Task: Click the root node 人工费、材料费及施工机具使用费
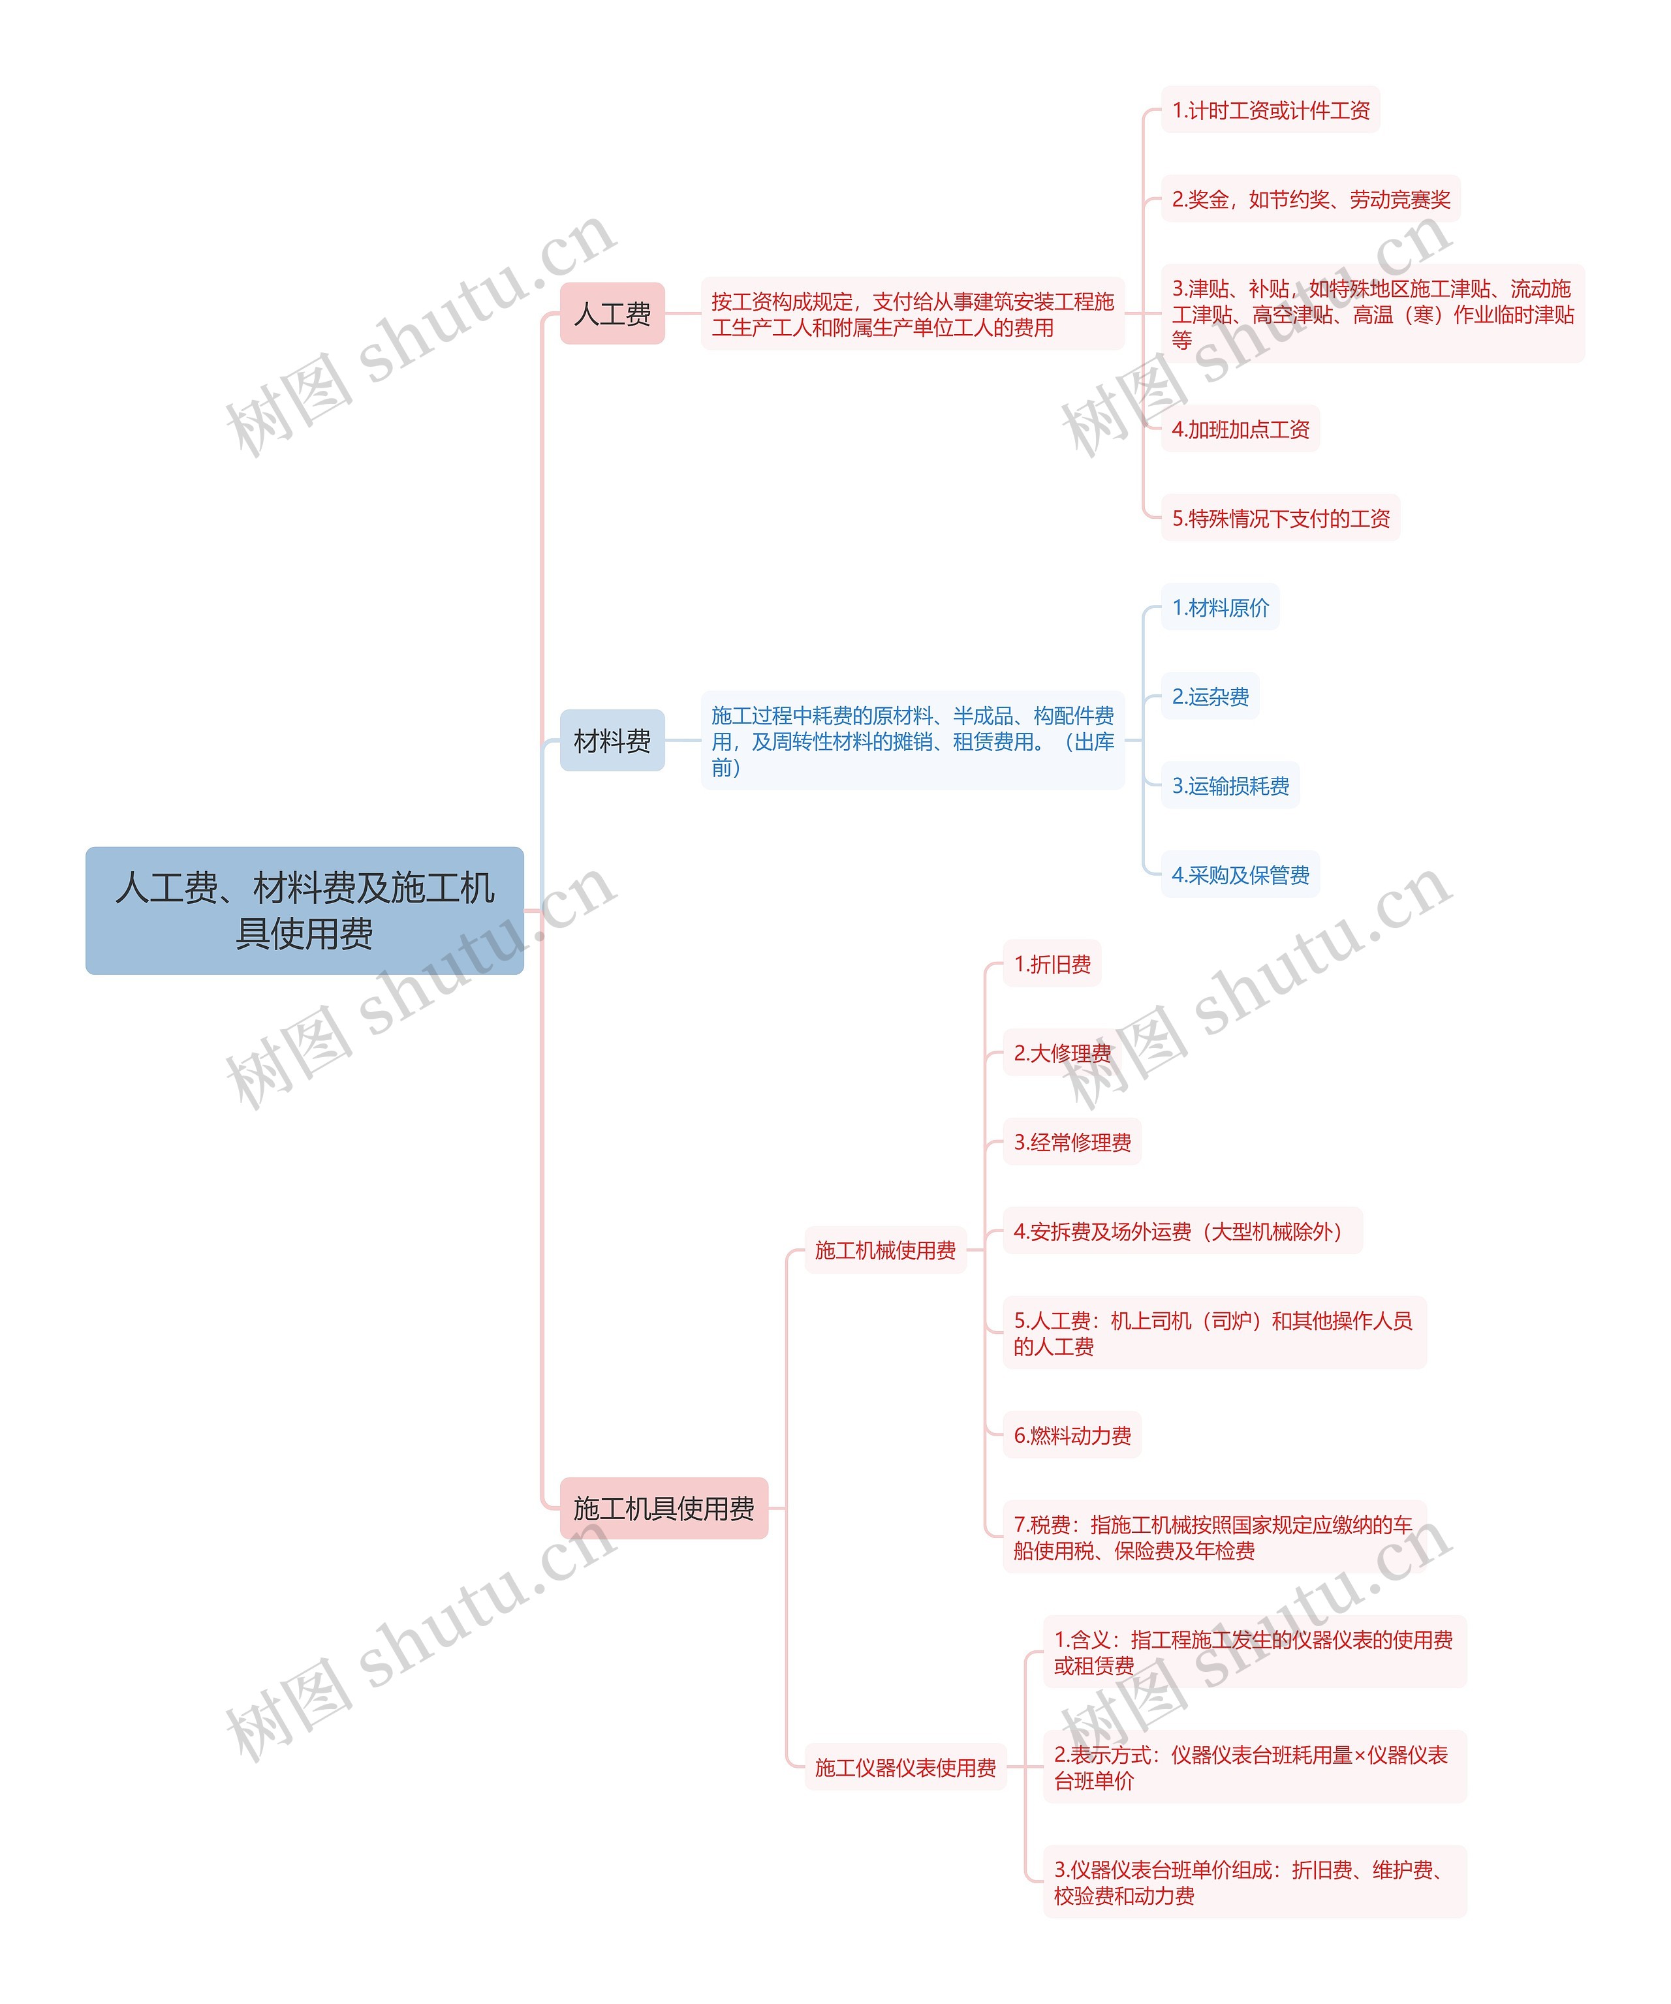pyautogui.click(x=304, y=910)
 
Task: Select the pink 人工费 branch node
pyautogui.click(x=612, y=313)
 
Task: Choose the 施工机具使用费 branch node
pyautogui.click(x=663, y=1508)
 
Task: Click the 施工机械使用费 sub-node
pyautogui.click(x=884, y=1250)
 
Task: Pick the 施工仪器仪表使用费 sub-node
pyautogui.click(x=905, y=1767)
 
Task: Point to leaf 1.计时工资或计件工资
pyautogui.click(x=1270, y=110)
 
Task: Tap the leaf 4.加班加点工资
pyautogui.click(x=1240, y=429)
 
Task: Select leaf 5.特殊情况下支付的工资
pyautogui.click(x=1280, y=517)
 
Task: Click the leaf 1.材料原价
pyautogui.click(x=1219, y=607)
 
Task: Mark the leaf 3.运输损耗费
pyautogui.click(x=1230, y=786)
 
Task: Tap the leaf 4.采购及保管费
pyautogui.click(x=1240, y=874)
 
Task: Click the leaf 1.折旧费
pyautogui.click(x=1052, y=964)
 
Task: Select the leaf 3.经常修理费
pyautogui.click(x=1072, y=1141)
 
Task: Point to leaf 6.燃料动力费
pyautogui.click(x=1072, y=1434)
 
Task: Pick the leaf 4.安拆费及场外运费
pyautogui.click(x=1182, y=1231)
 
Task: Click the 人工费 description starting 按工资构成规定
pyautogui.click(x=913, y=314)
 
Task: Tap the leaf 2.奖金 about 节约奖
pyautogui.click(x=1310, y=198)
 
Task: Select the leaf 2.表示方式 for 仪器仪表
pyautogui.click(x=1254, y=1767)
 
